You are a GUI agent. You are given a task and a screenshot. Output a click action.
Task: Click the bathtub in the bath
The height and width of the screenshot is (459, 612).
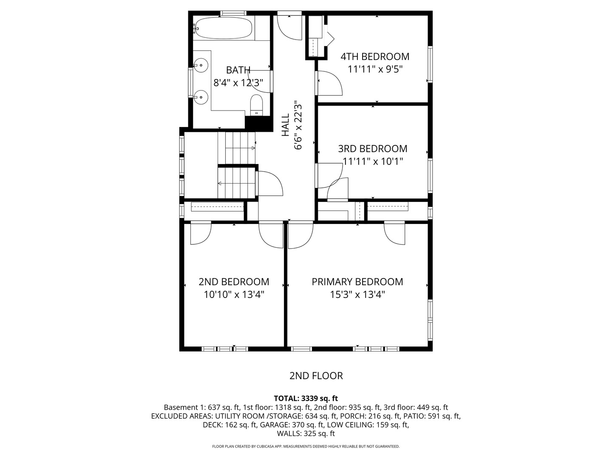(223, 28)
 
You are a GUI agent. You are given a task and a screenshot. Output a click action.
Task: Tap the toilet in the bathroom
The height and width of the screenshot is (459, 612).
(256, 105)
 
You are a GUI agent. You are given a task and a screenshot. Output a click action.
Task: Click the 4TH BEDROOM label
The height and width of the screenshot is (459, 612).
(374, 57)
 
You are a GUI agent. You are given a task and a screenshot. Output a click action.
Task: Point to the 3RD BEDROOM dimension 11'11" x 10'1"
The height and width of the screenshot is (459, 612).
(373, 161)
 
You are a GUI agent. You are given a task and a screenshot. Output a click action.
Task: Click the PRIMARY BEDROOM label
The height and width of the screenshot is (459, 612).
(357, 282)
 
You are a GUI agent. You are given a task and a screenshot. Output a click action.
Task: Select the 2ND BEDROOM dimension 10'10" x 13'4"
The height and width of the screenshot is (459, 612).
(234, 295)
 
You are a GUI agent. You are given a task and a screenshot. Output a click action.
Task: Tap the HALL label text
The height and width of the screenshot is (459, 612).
(286, 125)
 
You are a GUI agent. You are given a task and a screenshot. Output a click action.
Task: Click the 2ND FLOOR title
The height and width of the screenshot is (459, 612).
(316, 376)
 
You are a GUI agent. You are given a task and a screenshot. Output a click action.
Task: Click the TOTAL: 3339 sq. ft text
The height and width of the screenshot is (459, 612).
(306, 399)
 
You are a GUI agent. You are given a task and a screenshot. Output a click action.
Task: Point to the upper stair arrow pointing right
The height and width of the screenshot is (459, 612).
(240, 148)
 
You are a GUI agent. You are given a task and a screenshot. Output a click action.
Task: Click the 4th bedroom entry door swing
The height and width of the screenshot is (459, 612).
(329, 83)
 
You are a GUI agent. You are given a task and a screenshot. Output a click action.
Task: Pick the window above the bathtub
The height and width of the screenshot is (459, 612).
(233, 13)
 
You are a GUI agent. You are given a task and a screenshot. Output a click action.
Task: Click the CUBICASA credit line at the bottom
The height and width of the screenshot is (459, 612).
(306, 446)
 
